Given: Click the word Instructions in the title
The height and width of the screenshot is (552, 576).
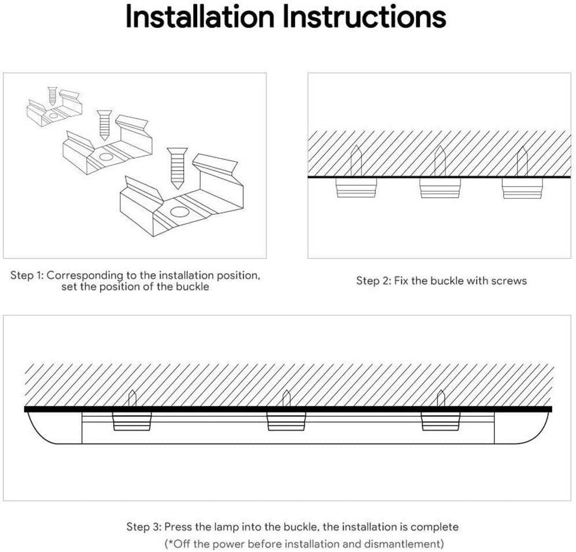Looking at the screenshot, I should click(x=364, y=17).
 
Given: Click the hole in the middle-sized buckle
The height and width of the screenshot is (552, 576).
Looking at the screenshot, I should click(x=106, y=157).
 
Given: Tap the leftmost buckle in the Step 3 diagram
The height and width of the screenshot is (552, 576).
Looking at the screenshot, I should click(x=132, y=421).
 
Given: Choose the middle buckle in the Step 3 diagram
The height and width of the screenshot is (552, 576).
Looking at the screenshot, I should click(x=286, y=421).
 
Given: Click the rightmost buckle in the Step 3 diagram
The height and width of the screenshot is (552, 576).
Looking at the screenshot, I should click(x=440, y=421).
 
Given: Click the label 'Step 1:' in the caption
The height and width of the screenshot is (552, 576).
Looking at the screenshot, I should click(x=27, y=275).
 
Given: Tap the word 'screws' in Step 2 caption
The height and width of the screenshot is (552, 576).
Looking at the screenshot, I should click(x=509, y=281).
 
